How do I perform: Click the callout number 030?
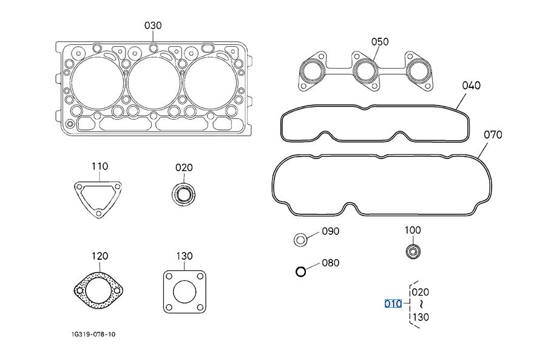(x=153, y=25)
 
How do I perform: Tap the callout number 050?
(x=380, y=42)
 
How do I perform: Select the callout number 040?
(x=471, y=86)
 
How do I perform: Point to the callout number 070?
(x=493, y=135)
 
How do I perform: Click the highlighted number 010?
(x=393, y=304)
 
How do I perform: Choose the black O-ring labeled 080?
(x=300, y=271)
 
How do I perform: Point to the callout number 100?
(x=413, y=231)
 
